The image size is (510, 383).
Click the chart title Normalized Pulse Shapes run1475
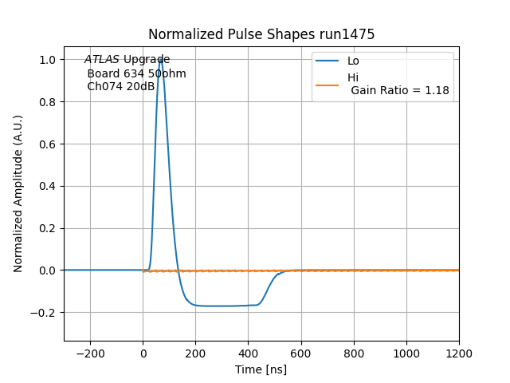point(261,34)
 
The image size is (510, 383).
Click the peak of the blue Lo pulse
point(160,59)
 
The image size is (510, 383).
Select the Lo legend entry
point(353,61)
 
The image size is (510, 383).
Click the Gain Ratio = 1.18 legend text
point(400,90)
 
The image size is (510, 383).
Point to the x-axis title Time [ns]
point(261,369)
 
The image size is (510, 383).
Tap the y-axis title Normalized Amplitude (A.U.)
point(18,194)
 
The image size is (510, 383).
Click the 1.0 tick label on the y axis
point(47,60)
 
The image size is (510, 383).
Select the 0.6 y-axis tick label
point(47,144)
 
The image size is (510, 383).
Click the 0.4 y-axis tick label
point(47,186)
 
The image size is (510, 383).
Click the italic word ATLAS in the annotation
point(102,60)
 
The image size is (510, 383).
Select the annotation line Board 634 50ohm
point(136,73)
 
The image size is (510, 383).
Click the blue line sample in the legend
point(328,61)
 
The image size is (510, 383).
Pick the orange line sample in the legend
point(328,84)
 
